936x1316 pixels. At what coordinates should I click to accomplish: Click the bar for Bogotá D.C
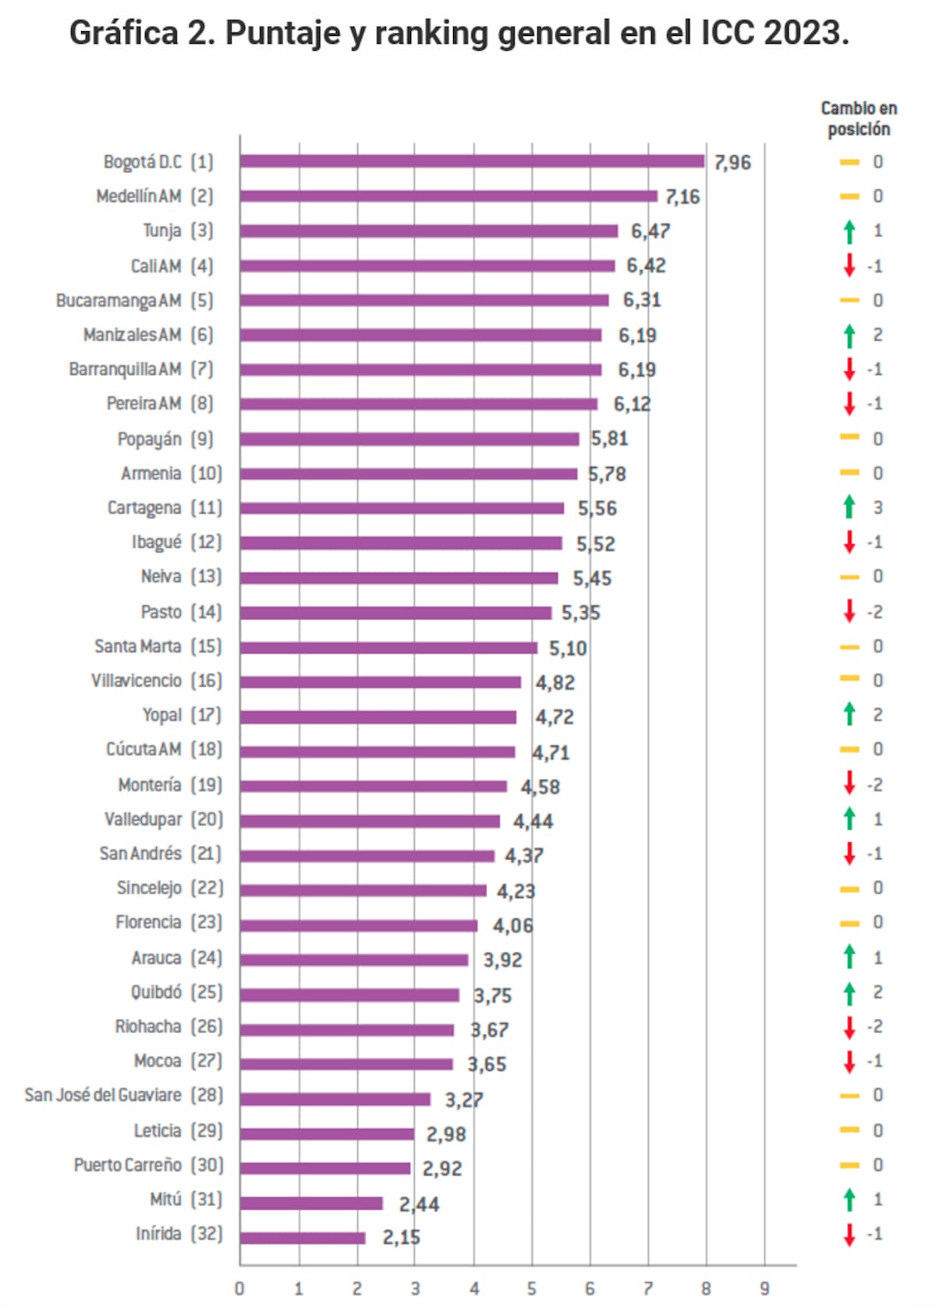[x=472, y=161]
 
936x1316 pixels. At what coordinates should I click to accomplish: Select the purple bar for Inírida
[x=303, y=1237]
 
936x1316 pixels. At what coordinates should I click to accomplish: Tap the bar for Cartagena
[x=402, y=508]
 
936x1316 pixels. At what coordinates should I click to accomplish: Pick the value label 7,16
[x=682, y=196]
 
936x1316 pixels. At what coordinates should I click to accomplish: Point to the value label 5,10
[x=567, y=648]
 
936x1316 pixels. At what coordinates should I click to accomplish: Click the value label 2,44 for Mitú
[x=419, y=1205]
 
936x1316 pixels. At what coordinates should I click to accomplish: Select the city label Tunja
[x=161, y=231]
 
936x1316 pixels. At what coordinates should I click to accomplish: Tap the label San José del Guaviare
[x=103, y=1095]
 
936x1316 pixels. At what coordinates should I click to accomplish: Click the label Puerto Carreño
[x=128, y=1165]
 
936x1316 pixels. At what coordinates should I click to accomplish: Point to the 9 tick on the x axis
[x=764, y=1289]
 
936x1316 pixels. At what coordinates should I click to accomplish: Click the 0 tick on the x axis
[x=239, y=1289]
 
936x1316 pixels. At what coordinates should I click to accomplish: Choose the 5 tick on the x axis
[x=532, y=1289]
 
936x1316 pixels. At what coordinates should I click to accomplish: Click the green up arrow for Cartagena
[x=849, y=507]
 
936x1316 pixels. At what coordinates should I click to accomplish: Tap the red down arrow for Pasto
[x=849, y=611]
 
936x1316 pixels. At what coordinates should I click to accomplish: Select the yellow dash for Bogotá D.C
[x=849, y=162]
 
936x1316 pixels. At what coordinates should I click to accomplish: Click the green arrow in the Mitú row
[x=849, y=1199]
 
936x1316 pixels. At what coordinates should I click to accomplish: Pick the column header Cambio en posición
[x=859, y=119]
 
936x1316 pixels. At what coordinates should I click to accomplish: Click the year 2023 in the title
[x=806, y=33]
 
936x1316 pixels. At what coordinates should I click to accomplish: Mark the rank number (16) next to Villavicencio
[x=207, y=681]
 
